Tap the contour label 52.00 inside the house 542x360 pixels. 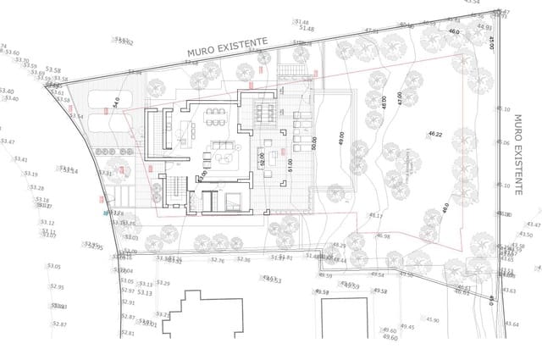(x=263, y=158)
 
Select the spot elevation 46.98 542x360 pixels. (x=383, y=236)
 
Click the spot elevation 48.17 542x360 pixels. (x=375, y=216)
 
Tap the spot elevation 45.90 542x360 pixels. (x=433, y=320)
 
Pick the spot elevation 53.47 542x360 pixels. (x=7, y=141)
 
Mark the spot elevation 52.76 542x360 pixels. (x=217, y=261)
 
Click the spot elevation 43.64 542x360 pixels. (x=511, y=324)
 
